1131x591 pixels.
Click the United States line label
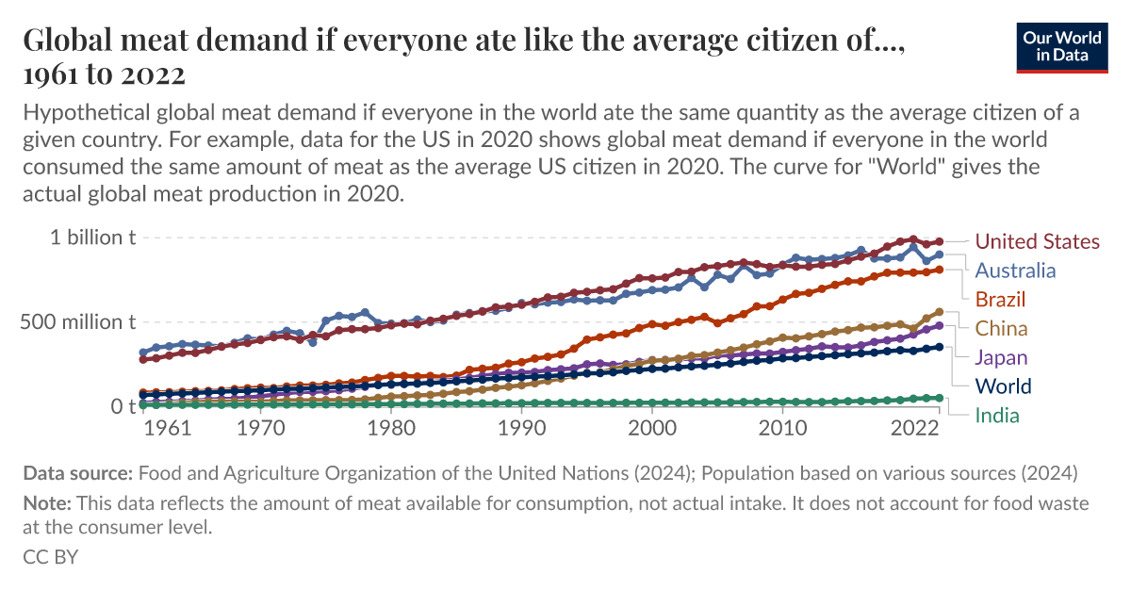(x=1037, y=241)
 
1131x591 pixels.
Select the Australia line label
(x=1015, y=271)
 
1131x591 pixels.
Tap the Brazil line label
(x=1000, y=300)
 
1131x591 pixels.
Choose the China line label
(x=1001, y=329)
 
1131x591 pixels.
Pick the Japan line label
(x=1001, y=357)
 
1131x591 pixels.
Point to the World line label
(x=1003, y=386)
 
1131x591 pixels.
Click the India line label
(x=997, y=415)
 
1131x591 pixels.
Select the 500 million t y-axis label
(x=79, y=321)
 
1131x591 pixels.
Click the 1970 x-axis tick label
(x=261, y=428)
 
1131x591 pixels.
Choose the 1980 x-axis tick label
(x=390, y=428)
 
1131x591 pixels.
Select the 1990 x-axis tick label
(x=521, y=428)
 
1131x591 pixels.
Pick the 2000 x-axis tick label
(x=652, y=428)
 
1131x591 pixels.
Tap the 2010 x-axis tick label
(x=782, y=428)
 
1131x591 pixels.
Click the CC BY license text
(x=50, y=556)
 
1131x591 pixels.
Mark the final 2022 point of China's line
(x=939, y=311)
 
